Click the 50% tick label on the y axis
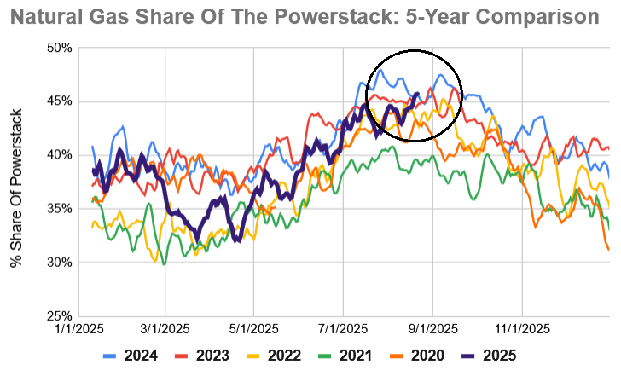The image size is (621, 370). coord(57,48)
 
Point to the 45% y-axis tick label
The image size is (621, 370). coord(57,101)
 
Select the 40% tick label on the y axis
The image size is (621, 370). coord(57,155)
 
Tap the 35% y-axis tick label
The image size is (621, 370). coord(57,209)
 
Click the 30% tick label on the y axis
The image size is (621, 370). coord(57,262)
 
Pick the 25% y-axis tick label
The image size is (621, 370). coord(57,315)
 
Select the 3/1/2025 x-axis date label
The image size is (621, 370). coord(165,328)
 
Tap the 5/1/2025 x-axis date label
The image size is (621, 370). coord(253,328)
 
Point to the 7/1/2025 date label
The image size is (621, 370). coord(343,328)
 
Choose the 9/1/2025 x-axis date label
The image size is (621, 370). coord(432,328)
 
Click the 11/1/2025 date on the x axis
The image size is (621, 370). coord(521,328)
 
